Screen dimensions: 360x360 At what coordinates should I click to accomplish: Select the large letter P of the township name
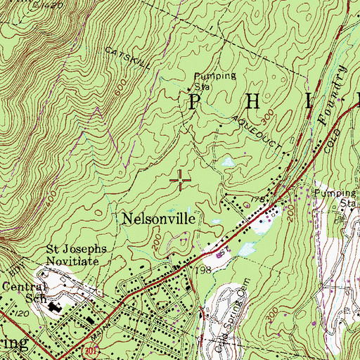pos(193,102)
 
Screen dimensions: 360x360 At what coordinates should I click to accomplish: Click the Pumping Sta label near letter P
pos(207,80)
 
